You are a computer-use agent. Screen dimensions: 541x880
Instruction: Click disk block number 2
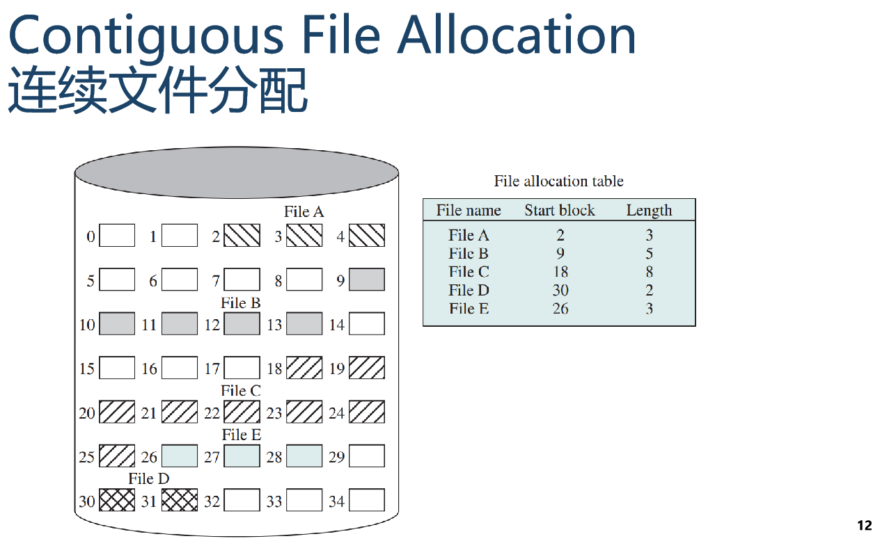coord(242,236)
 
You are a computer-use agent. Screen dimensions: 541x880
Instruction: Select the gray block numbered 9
coord(366,280)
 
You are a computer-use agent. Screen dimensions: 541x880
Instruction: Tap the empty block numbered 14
coord(366,323)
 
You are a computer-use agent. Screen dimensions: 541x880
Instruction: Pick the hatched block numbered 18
coord(304,368)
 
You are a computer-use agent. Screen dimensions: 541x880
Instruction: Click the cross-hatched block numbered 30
coord(117,500)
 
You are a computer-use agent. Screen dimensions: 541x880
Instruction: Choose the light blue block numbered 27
coord(242,456)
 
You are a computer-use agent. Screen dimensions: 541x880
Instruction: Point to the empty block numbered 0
coord(117,236)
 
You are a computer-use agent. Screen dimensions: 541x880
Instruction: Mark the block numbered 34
coord(366,500)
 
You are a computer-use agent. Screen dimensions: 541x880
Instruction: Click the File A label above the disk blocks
coord(304,211)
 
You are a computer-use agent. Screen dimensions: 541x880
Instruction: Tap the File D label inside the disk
coord(149,478)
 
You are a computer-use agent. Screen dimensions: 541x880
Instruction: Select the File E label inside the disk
coord(242,435)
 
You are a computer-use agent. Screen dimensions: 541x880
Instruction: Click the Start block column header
coord(560,211)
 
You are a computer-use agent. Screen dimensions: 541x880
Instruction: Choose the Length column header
coord(649,211)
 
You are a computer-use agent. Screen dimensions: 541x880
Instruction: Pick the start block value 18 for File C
coord(560,272)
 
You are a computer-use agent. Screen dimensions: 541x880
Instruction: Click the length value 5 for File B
coord(649,254)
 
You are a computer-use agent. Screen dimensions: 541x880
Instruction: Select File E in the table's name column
coord(469,309)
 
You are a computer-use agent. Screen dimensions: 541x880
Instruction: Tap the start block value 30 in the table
coord(560,291)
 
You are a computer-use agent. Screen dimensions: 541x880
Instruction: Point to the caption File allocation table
coord(559,181)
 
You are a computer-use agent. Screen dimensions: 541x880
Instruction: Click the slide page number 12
coord(864,526)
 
